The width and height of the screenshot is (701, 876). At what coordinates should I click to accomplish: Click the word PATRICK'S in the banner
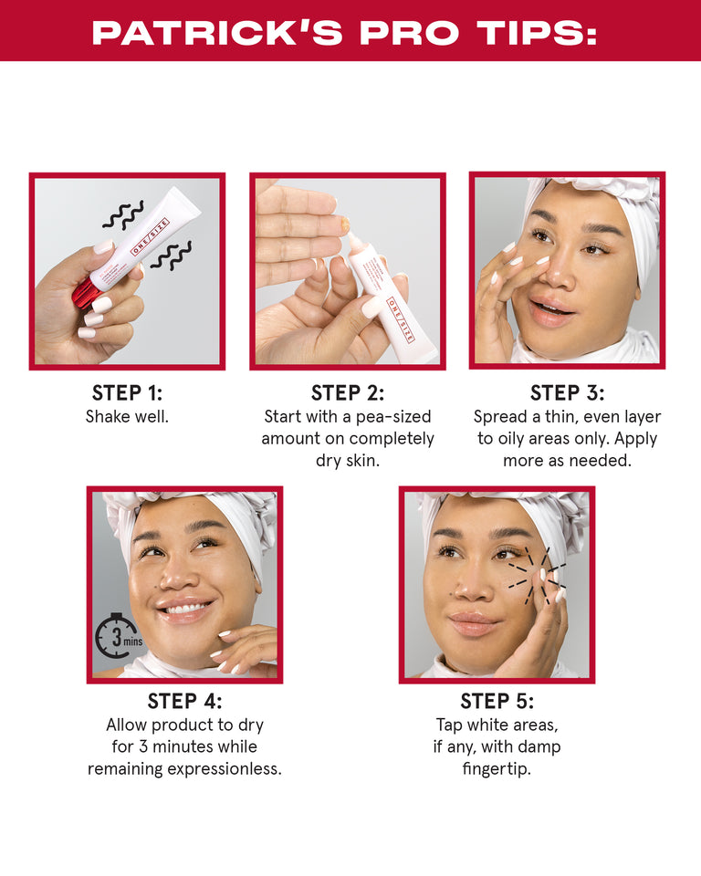pos(219,33)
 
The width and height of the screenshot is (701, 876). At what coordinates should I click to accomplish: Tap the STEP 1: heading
pos(127,393)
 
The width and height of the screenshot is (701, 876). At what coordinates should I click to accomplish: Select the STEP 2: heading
pos(348,393)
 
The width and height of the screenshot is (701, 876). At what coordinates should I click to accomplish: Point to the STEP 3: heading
pos(567,393)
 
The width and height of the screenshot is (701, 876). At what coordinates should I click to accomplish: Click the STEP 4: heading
pos(184,702)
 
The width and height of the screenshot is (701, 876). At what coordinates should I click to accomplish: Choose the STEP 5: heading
pos(497,702)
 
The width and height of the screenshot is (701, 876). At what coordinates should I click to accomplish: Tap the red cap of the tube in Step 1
pos(86,292)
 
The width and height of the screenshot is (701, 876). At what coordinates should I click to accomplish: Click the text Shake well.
pos(127,417)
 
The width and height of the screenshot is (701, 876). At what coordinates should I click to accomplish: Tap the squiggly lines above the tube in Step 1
pos(122,215)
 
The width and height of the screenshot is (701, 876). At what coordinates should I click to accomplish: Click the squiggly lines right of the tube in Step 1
pos(171,255)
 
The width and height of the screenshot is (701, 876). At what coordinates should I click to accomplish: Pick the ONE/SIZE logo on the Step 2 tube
pos(402,320)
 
